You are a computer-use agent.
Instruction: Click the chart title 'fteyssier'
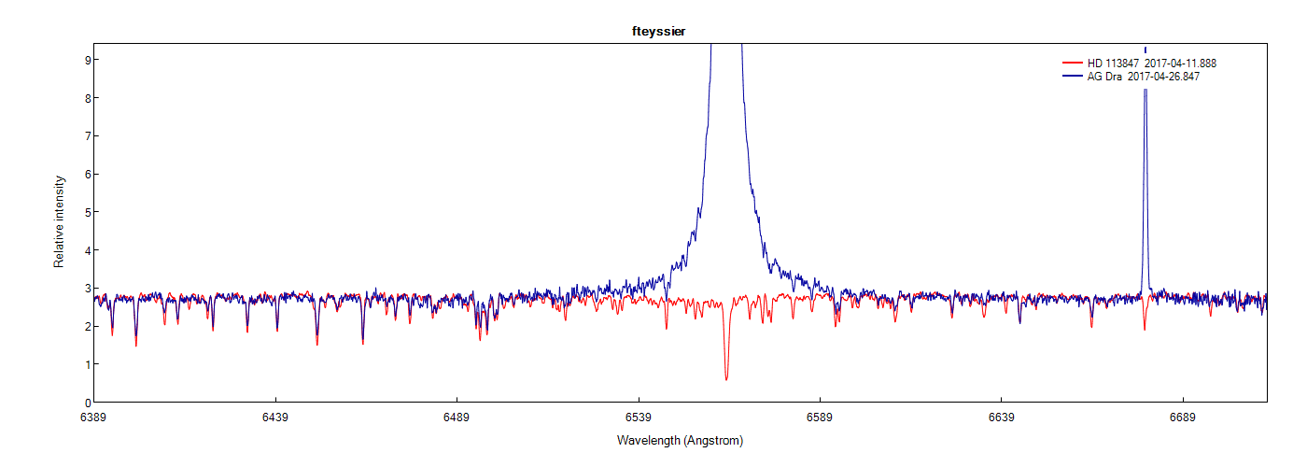(x=658, y=32)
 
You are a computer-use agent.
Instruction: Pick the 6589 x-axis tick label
(x=820, y=417)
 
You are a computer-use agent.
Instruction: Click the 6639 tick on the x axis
(x=1001, y=417)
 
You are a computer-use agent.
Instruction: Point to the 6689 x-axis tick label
(x=1182, y=417)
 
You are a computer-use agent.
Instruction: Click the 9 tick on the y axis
(x=85, y=60)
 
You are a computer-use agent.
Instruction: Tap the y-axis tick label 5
(x=85, y=212)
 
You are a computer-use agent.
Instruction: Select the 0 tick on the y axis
(x=85, y=403)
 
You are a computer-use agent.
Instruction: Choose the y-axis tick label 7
(x=85, y=136)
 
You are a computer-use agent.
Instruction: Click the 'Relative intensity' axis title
(x=59, y=221)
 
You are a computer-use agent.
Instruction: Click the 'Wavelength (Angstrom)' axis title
(x=680, y=440)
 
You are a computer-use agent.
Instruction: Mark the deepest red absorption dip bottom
(x=726, y=379)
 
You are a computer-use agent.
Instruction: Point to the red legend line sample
(x=1072, y=63)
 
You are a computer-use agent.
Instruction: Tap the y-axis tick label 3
(x=85, y=289)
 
